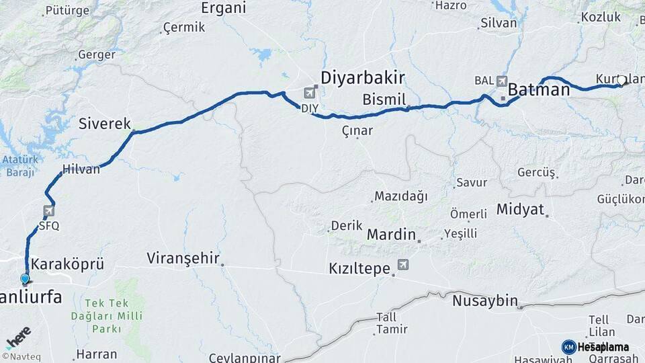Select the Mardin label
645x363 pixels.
tap(392, 235)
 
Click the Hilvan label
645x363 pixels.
tap(81, 169)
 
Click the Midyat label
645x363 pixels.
tap(520, 209)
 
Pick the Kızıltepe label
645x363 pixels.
tap(359, 268)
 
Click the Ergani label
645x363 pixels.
tap(224, 8)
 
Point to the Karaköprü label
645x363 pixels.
tap(68, 263)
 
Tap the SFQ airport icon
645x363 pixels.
tap(48, 211)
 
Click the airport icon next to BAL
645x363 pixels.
tap(501, 81)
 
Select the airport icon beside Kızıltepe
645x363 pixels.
tap(402, 265)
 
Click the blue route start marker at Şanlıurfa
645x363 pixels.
tap(25, 279)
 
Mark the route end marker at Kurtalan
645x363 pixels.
tap(621, 81)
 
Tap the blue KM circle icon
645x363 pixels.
tap(568, 347)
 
